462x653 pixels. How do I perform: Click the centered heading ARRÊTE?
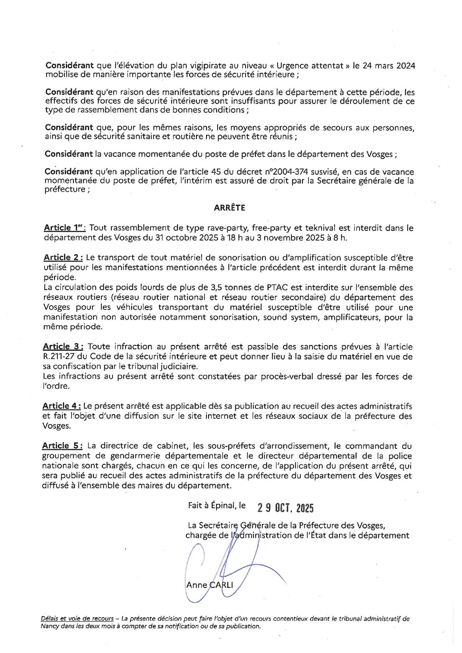click(x=229, y=208)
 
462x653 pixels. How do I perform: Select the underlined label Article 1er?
click(x=65, y=228)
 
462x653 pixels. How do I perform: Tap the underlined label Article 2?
click(x=63, y=257)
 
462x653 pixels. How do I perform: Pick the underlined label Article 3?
click(x=63, y=347)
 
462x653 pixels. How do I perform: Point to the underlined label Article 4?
click(x=61, y=406)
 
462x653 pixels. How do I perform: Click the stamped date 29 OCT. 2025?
click(x=285, y=508)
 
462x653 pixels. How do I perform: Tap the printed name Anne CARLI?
click(x=209, y=585)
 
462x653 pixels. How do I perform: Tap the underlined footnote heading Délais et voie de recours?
click(x=77, y=618)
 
